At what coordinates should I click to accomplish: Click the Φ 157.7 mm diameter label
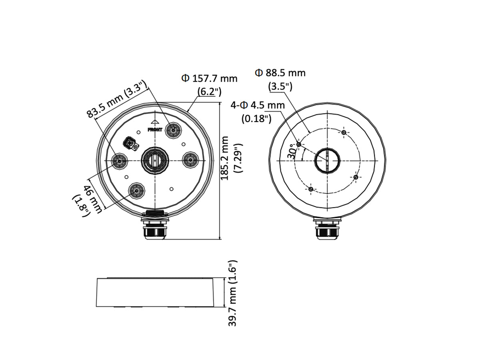click(x=209, y=78)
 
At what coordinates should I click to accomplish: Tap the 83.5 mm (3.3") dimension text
click(x=117, y=99)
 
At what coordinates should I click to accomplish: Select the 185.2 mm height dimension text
click(x=224, y=158)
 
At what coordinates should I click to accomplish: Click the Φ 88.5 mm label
click(x=280, y=73)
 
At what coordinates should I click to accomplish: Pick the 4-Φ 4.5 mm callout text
click(x=258, y=105)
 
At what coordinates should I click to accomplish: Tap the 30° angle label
click(x=292, y=151)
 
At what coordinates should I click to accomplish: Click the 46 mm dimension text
click(x=93, y=199)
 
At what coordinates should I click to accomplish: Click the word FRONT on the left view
click(x=155, y=130)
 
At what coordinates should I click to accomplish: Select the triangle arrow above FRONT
click(x=155, y=122)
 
